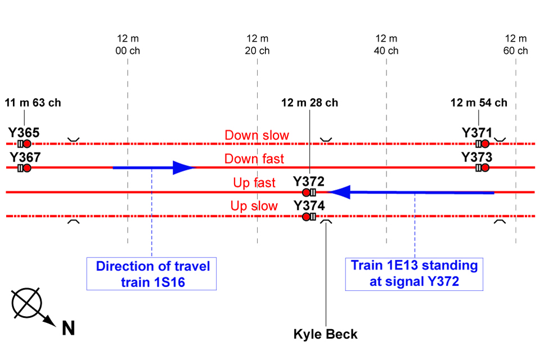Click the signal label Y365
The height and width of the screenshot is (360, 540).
(x=24, y=133)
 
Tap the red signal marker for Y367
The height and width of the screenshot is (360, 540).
(x=26, y=168)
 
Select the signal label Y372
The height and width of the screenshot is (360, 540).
(x=309, y=182)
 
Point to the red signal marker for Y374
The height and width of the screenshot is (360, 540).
(x=306, y=217)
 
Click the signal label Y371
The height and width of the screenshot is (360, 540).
(x=477, y=133)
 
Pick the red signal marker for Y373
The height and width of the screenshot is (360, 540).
(x=485, y=168)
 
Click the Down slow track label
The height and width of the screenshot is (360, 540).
(x=256, y=136)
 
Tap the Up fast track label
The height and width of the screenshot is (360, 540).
(x=254, y=183)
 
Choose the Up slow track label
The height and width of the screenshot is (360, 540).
(x=254, y=206)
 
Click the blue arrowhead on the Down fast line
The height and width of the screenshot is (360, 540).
(x=183, y=168)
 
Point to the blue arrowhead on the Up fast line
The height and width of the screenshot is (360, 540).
(x=340, y=192)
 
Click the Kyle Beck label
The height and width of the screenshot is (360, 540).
(x=325, y=334)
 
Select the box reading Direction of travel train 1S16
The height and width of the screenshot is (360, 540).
(x=152, y=274)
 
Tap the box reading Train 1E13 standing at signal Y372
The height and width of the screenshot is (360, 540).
(x=414, y=274)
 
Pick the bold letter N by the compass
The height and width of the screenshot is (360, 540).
(x=69, y=328)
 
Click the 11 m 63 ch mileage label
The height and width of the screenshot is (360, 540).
(x=33, y=103)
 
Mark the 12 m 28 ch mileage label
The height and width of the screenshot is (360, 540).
(x=310, y=103)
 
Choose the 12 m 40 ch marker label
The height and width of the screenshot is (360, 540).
(x=386, y=44)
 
